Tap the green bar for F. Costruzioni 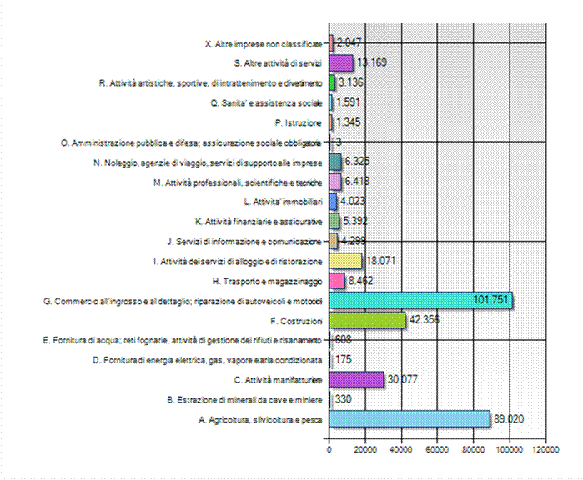click(368, 321)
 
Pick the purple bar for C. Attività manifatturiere click(356, 379)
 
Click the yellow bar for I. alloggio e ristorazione click(345, 261)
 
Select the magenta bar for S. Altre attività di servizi click(341, 62)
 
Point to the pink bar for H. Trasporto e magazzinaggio click(337, 281)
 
